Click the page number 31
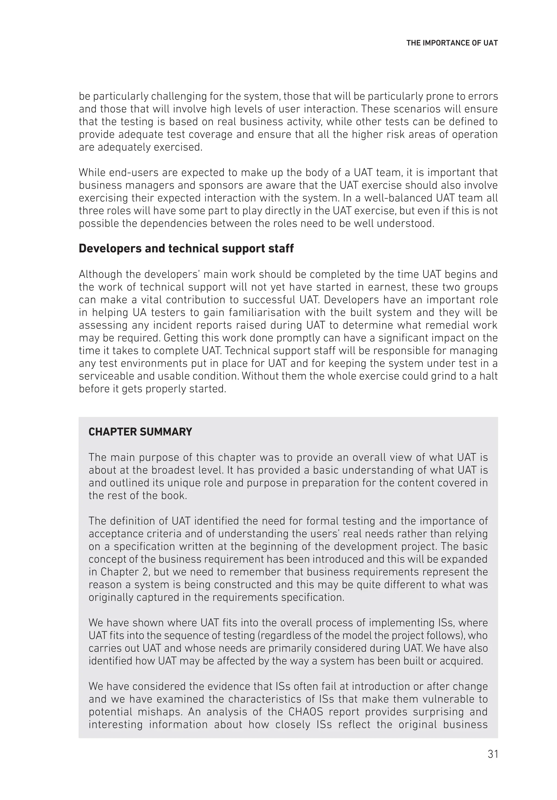tap(493, 754)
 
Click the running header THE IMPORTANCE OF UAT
tap(452, 43)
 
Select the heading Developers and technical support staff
tap(186, 248)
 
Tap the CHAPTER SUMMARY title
tap(140, 432)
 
